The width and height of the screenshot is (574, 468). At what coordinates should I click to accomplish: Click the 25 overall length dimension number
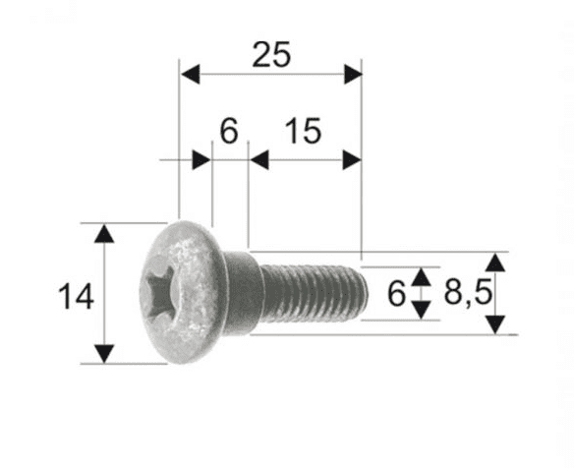[x=270, y=56]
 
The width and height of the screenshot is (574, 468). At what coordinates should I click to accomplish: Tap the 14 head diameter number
[x=76, y=295]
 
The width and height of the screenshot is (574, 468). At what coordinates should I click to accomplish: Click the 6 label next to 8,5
[x=396, y=294]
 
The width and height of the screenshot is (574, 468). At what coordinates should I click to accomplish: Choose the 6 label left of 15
[x=228, y=131]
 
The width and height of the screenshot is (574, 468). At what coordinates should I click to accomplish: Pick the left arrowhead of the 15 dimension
[x=258, y=159]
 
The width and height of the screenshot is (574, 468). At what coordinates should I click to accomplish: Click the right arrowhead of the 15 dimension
[x=352, y=159]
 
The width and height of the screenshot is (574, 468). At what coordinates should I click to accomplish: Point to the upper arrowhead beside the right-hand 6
[x=421, y=275]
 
